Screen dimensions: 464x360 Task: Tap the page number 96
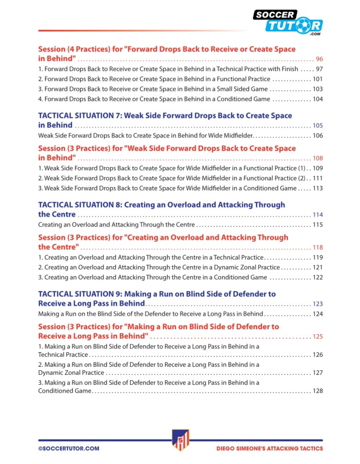click(319, 59)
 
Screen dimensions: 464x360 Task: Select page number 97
click(319, 69)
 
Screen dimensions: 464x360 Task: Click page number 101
click(318, 79)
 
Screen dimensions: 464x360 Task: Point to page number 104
click(318, 99)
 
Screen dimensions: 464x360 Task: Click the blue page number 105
click(318, 126)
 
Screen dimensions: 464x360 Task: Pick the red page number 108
click(318, 158)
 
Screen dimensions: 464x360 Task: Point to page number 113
click(318, 188)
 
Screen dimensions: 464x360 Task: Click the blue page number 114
click(318, 215)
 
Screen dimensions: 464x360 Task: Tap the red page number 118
click(318, 247)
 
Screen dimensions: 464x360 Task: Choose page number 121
click(318, 268)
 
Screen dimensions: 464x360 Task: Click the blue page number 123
click(318, 304)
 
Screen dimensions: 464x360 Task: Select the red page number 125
click(318, 336)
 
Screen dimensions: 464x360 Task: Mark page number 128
click(318, 391)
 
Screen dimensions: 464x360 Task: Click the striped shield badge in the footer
click(180, 440)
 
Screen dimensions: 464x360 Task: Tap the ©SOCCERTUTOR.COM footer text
click(69, 449)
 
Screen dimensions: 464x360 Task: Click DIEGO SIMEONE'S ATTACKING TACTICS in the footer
click(270, 449)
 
